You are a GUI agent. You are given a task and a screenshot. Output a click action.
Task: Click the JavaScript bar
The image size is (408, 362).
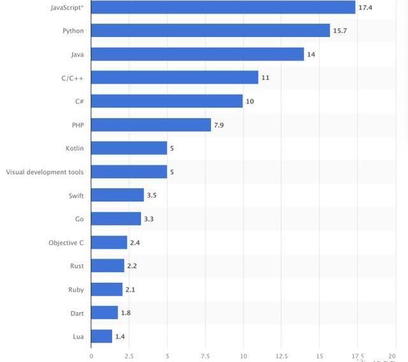coord(223,7)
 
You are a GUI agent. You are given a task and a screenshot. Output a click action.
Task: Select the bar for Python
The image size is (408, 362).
coord(210,31)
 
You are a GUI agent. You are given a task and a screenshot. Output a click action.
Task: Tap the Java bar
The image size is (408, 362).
coord(198,54)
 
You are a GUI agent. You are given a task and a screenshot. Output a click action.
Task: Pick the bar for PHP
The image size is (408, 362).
coord(151,124)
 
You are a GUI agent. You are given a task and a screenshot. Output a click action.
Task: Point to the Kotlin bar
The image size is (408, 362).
coord(129,148)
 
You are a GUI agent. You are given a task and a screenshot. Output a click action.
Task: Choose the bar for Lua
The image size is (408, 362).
coord(102,336)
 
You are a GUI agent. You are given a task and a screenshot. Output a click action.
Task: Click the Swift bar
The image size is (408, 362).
coord(117,195)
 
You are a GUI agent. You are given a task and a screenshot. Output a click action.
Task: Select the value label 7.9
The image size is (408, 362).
coord(219,124)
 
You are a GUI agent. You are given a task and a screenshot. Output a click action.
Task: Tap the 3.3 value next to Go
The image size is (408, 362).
coord(149,219)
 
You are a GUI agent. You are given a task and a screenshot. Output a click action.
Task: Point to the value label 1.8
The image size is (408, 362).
coord(126,313)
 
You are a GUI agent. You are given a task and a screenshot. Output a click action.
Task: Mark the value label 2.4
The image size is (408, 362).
coord(135,243)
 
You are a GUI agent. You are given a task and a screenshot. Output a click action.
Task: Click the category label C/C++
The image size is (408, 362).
coord(71,78)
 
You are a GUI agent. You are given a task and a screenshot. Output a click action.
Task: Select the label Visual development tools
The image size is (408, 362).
coord(45,172)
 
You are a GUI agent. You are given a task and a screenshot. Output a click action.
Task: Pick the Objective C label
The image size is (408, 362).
coord(66,243)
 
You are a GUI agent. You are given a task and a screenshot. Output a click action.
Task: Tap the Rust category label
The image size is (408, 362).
coord(76,266)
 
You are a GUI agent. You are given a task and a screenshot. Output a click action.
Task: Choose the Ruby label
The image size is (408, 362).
coord(76,290)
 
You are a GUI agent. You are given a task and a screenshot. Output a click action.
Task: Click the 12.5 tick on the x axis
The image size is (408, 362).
coord(281,356)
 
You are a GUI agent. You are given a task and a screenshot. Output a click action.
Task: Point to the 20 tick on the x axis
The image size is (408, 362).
coord(391,356)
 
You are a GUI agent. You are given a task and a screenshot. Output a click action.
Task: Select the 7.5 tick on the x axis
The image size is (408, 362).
coord(205,356)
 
